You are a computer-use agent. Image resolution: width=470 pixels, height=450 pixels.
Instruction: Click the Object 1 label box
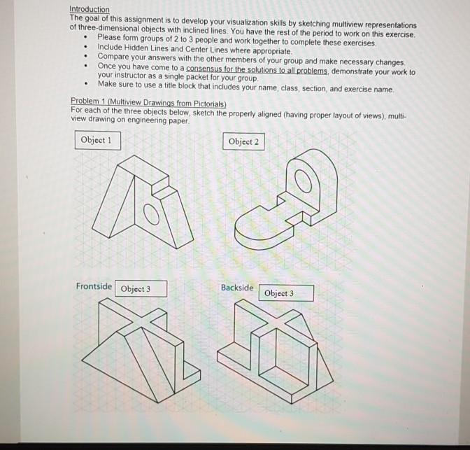tap(96, 140)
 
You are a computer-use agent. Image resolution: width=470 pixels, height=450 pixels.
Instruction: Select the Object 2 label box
tap(244, 141)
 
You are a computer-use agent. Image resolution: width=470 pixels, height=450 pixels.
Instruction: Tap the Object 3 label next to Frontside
tap(140, 289)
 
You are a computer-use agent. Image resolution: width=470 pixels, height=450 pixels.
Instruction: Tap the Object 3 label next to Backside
tap(285, 293)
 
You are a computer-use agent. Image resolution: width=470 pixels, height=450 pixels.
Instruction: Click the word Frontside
tap(94, 287)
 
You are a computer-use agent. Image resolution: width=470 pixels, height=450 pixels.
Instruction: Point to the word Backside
tap(237, 288)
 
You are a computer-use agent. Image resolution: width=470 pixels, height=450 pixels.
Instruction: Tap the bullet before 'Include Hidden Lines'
tap(85, 52)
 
